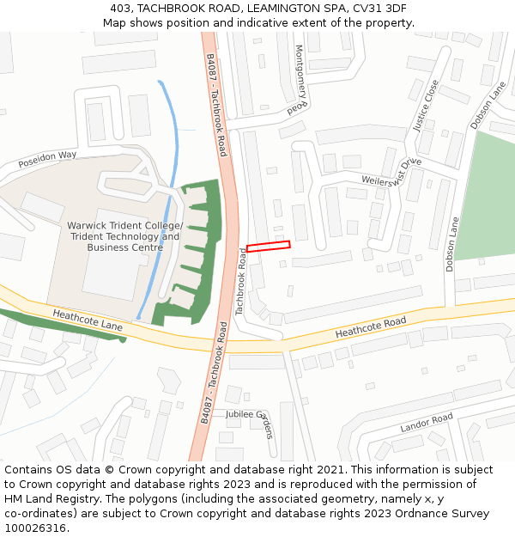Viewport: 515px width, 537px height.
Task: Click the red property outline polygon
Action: tap(268, 247)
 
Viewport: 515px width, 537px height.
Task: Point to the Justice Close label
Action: tap(426, 106)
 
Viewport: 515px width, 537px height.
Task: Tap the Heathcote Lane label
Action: tap(87, 320)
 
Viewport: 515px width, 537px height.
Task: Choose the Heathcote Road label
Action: tap(370, 327)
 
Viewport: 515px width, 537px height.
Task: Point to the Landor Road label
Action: tap(426, 423)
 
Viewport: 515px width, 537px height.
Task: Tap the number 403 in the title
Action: tap(121, 9)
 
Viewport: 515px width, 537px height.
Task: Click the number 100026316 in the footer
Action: tap(36, 528)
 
